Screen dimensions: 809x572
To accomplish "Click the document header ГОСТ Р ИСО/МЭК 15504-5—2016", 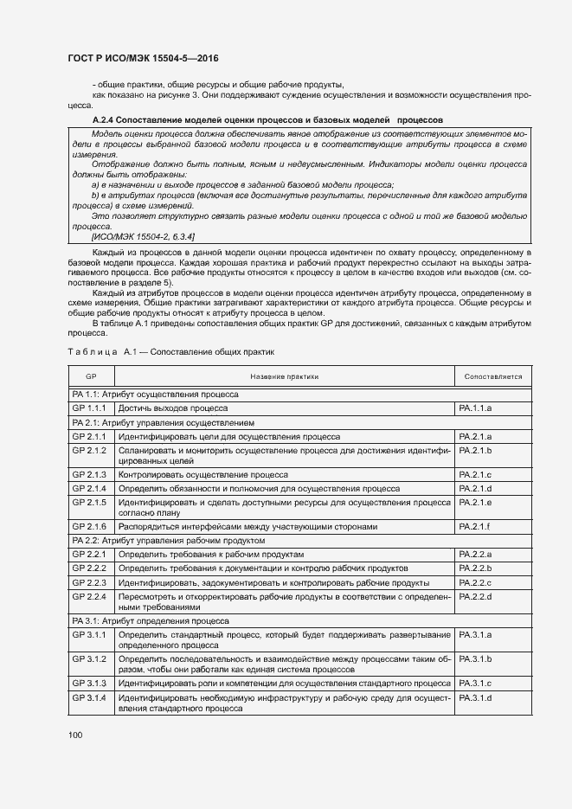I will click(x=143, y=58).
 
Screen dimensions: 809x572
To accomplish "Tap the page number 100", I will click(x=75, y=735).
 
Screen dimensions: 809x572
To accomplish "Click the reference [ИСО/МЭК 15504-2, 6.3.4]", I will click(x=143, y=236).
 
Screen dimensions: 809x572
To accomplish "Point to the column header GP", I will click(x=91, y=376).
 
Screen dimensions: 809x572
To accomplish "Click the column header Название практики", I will click(x=284, y=376).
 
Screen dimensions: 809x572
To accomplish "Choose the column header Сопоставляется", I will click(x=492, y=376).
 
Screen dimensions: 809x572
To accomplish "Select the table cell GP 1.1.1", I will click(x=89, y=408).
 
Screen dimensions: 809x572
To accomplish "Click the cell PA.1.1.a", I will click(x=476, y=408).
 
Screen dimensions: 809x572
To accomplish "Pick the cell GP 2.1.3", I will click(x=89, y=475).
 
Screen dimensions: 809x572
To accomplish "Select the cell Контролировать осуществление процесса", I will click(x=203, y=475).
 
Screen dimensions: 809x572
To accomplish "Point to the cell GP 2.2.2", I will click(x=89, y=568).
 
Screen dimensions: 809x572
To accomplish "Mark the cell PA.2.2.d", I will click(x=476, y=597).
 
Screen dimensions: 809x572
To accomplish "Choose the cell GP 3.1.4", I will click(x=89, y=697).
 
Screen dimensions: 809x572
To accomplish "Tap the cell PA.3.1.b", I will click(x=476, y=659).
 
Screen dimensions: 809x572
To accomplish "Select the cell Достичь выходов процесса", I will click(x=173, y=408).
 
